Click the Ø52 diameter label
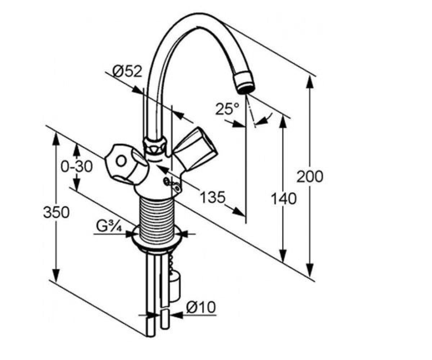click(127, 71)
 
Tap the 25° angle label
click(227, 108)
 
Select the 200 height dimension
click(310, 176)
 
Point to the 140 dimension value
click(283, 198)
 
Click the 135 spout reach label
click(213, 197)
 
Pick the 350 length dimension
click(56, 212)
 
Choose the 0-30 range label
click(77, 166)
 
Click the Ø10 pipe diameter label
click(201, 307)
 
